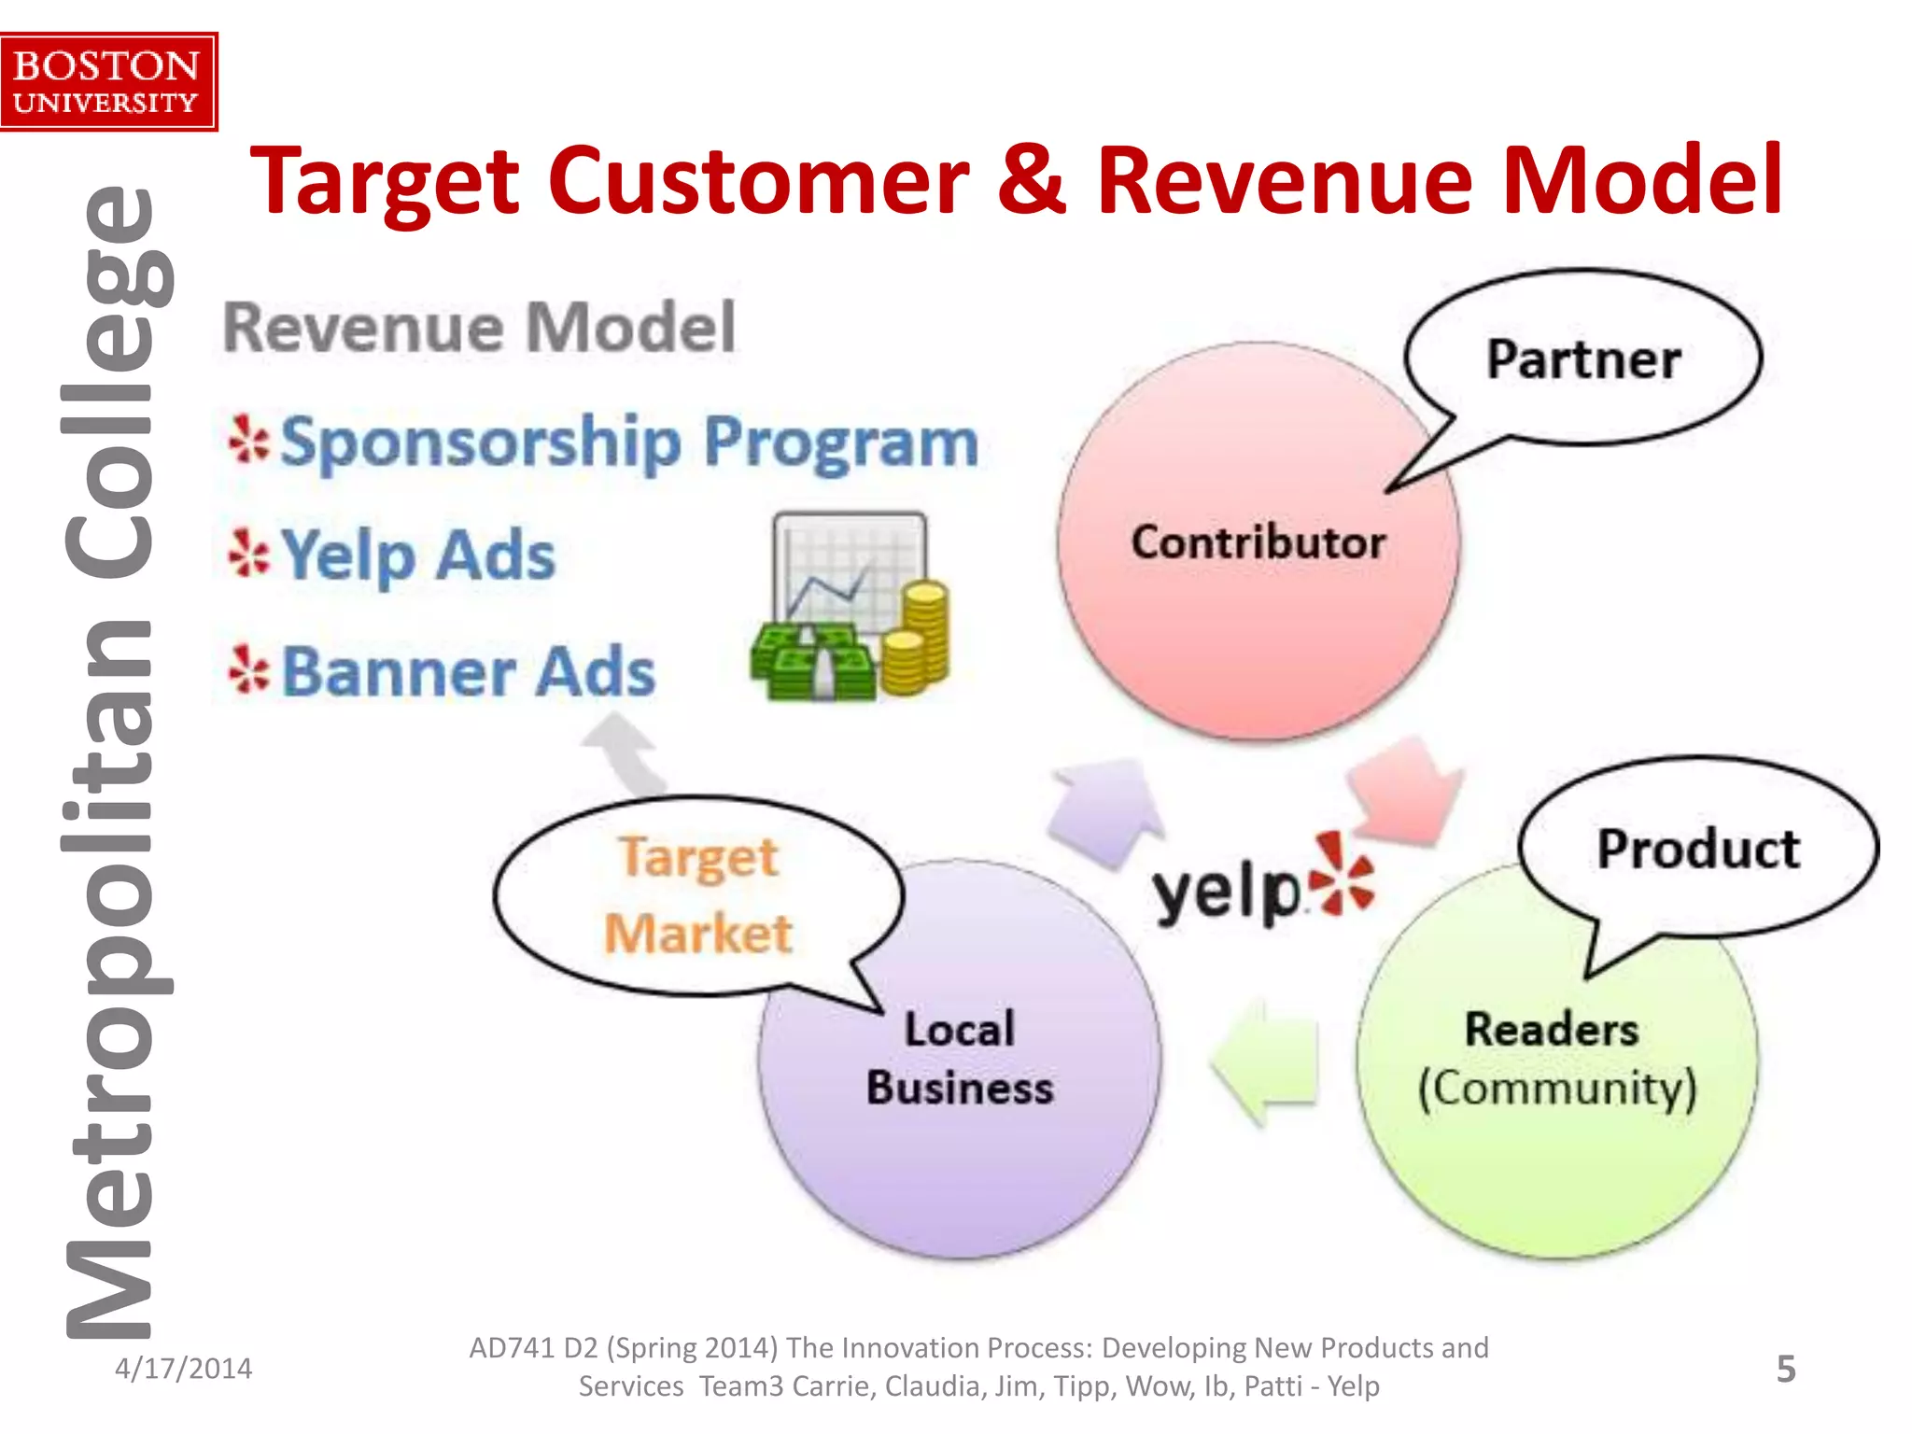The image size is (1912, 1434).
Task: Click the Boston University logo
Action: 107,82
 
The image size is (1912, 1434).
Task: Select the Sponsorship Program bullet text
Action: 628,442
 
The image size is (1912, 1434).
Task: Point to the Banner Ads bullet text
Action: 468,671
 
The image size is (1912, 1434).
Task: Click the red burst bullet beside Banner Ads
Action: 248,670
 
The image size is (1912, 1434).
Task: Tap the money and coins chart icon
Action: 851,607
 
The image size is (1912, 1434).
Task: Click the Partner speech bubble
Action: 1583,359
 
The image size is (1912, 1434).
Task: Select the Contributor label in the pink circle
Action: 1258,542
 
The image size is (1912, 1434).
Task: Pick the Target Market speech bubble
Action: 697,895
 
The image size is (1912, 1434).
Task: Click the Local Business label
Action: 959,1059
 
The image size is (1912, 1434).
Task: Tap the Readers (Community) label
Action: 1554,1059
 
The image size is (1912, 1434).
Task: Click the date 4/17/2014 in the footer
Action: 183,1369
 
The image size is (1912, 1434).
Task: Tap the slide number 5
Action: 1785,1369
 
